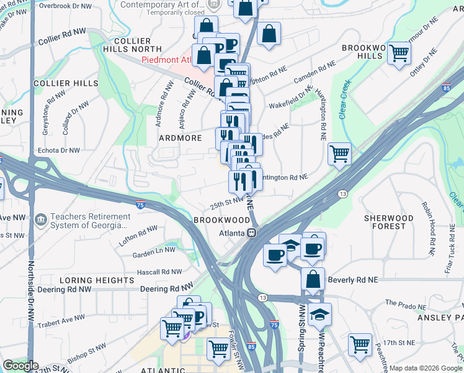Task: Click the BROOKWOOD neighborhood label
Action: click(x=221, y=220)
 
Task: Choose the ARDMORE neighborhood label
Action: click(x=181, y=137)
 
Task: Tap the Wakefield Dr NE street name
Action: click(x=291, y=99)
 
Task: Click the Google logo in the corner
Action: click(x=20, y=366)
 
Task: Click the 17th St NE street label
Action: click(x=398, y=343)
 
